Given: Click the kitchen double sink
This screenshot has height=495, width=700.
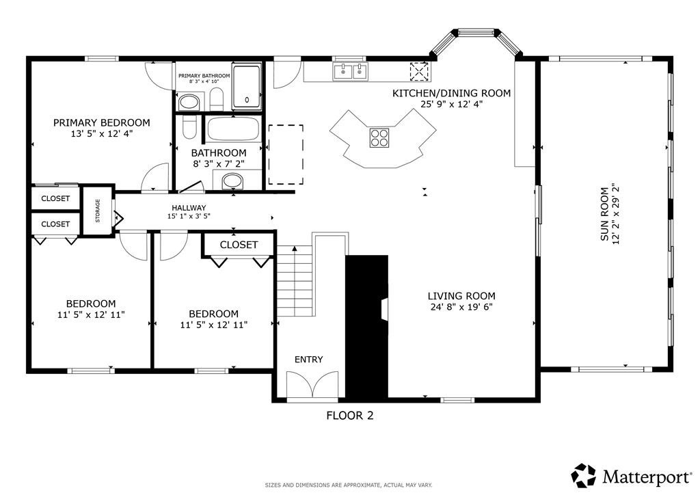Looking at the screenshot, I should click(350, 70).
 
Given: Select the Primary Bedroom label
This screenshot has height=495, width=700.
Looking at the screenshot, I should click(102, 122).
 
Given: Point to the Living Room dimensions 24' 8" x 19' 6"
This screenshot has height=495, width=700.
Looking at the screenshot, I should click(461, 307).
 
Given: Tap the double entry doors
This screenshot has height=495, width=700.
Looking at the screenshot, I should click(311, 385).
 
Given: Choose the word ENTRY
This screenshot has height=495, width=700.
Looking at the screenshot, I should click(308, 360).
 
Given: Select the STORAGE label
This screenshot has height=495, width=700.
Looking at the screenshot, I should click(98, 211).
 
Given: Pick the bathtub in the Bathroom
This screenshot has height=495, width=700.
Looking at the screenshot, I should click(233, 129).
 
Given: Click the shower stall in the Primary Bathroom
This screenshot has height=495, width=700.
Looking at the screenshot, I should click(246, 87).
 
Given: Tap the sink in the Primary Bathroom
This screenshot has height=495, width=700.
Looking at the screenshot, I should click(188, 103).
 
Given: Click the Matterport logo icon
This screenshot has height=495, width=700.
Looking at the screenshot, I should click(584, 475).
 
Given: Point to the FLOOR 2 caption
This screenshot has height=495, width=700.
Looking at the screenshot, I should click(349, 415).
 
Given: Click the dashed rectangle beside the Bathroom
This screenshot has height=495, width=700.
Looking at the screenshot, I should click(286, 155).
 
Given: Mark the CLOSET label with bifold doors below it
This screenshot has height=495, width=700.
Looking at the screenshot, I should click(239, 245).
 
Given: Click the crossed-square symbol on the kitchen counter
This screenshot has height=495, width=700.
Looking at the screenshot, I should click(418, 70).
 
